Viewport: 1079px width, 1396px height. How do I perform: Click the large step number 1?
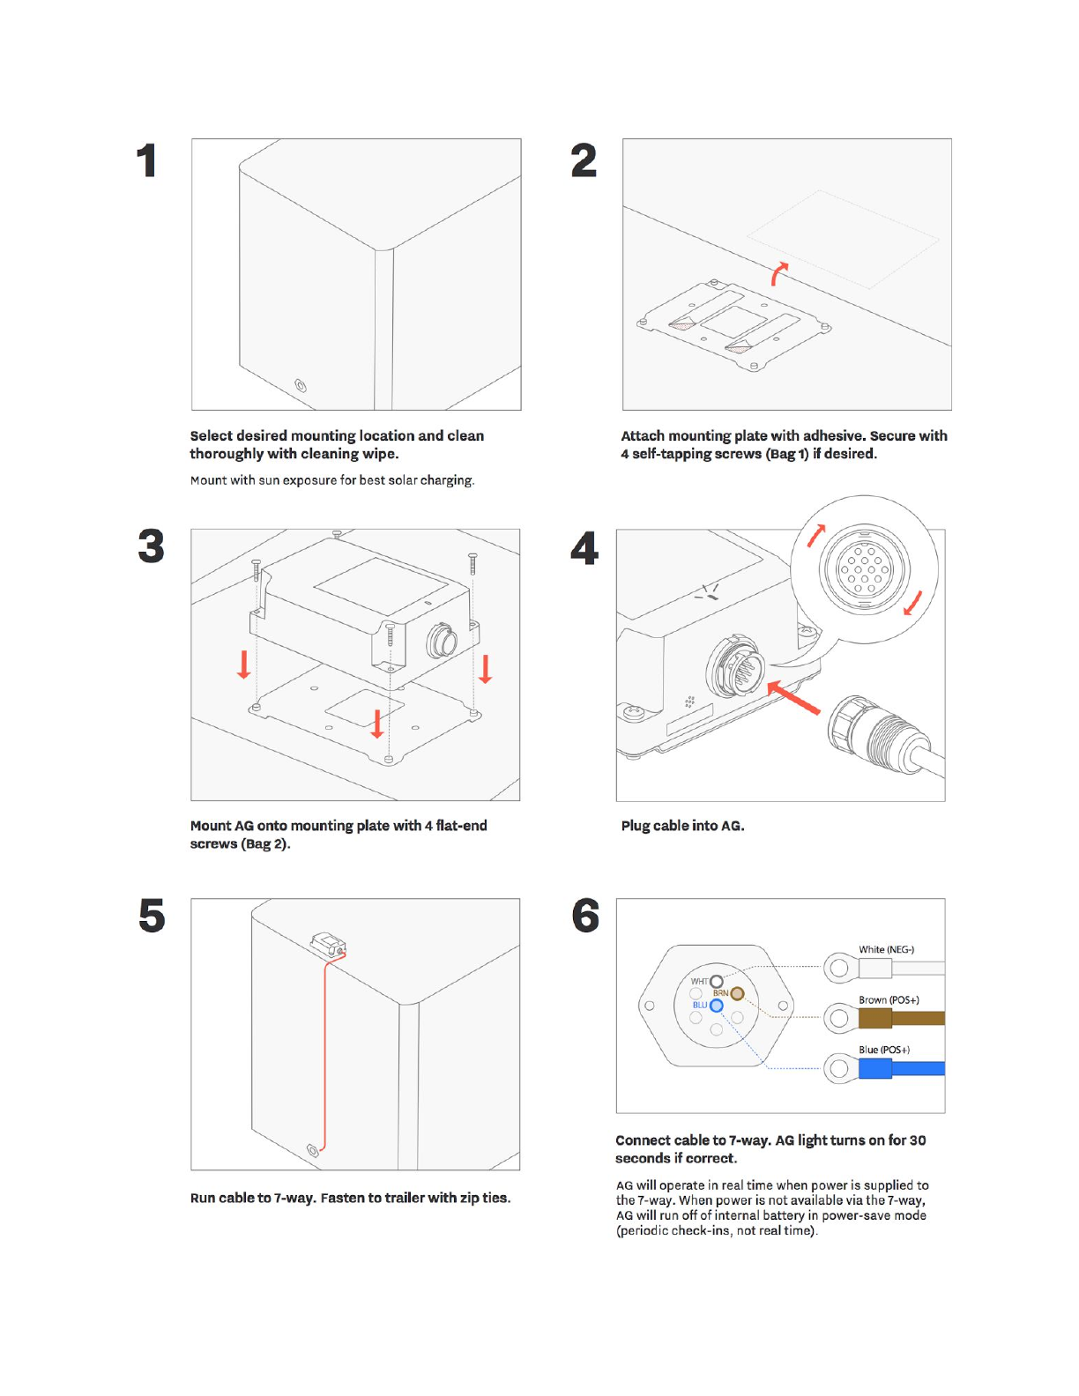pyautogui.click(x=147, y=161)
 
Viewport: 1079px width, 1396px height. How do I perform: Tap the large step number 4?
pyautogui.click(x=584, y=548)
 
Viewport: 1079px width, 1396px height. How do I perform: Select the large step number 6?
pyautogui.click(x=585, y=917)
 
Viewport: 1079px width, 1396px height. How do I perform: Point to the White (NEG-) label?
pyautogui.click(x=886, y=950)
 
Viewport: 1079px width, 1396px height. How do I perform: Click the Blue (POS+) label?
pyautogui.click(x=884, y=1050)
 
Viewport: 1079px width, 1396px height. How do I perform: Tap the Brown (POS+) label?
pyautogui.click(x=889, y=1000)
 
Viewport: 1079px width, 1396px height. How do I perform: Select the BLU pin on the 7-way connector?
pyautogui.click(x=717, y=1006)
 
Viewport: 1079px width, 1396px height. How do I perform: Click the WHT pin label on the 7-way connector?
pyautogui.click(x=699, y=981)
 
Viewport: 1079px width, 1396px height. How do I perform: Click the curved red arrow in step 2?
pyautogui.click(x=778, y=273)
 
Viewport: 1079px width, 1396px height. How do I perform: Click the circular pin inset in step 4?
pyautogui.click(x=864, y=568)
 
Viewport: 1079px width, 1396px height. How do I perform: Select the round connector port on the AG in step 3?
pyautogui.click(x=441, y=641)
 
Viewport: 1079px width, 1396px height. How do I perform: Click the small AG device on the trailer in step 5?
pyautogui.click(x=328, y=945)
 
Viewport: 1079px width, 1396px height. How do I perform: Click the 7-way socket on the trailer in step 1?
pyautogui.click(x=301, y=386)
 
